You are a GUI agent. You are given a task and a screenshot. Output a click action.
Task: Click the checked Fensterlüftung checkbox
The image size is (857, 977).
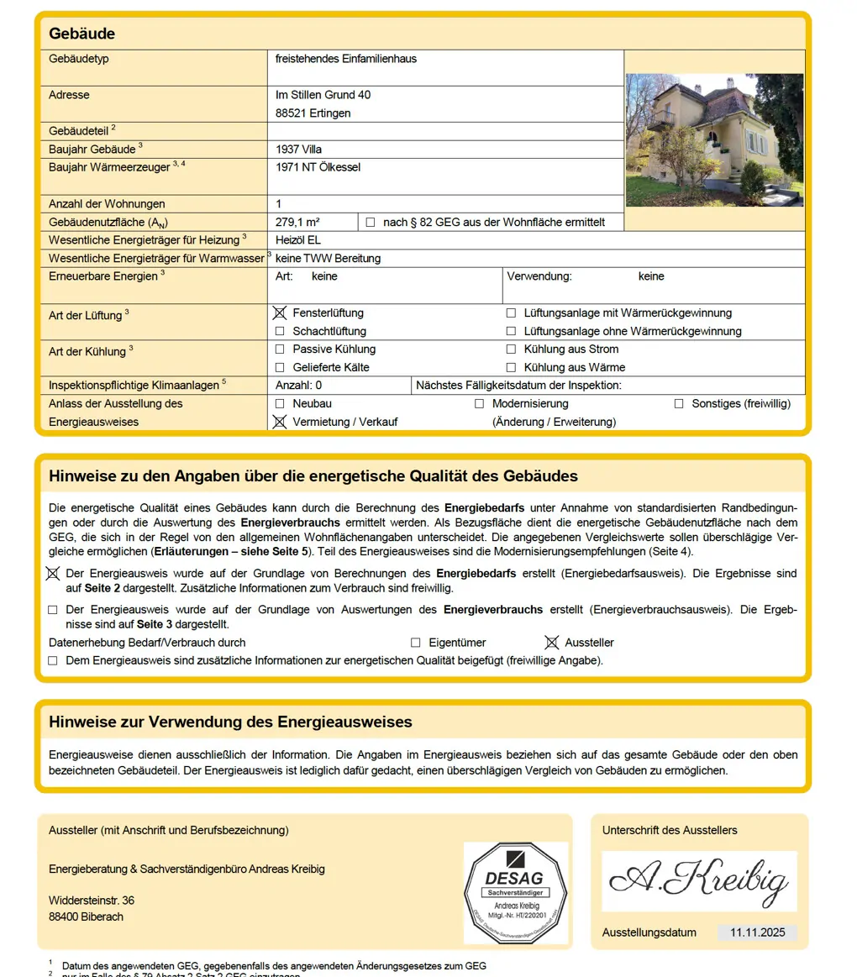pos(280,313)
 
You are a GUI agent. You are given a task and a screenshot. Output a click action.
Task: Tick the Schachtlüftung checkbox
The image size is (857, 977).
pos(280,331)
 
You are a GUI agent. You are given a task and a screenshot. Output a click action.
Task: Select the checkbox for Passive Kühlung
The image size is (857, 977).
pos(280,349)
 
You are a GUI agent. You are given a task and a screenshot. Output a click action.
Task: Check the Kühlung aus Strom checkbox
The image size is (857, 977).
pos(511,349)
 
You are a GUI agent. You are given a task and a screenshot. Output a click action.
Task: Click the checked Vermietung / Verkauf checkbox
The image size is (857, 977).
pos(280,422)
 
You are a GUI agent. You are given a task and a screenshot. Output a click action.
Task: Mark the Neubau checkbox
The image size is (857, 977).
pos(280,403)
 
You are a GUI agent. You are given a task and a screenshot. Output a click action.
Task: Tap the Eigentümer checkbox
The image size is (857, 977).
pos(415,643)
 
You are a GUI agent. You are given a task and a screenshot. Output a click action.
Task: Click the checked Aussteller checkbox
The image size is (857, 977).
pos(551,643)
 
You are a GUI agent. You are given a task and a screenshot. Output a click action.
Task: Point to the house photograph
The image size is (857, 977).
pos(714,139)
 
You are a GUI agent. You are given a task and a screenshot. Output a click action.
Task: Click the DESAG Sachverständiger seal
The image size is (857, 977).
pos(516,892)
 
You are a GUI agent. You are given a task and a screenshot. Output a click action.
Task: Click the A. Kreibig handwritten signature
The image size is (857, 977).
pos(699,880)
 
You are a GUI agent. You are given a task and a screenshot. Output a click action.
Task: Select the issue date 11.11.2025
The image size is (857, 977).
pos(757,932)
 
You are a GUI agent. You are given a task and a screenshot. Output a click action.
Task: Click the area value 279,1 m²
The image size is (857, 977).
pos(297,222)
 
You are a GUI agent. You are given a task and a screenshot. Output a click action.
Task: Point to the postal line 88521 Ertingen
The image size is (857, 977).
pos(313,113)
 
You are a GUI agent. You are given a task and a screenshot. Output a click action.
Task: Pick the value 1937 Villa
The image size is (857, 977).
pos(298,149)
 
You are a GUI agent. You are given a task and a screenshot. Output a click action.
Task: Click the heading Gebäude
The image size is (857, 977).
pos(82,34)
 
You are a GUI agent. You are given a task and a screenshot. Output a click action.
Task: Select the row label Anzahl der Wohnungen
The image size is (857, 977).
pos(107,203)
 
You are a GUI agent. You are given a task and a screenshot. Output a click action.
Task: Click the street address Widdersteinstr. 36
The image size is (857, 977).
pos(92,901)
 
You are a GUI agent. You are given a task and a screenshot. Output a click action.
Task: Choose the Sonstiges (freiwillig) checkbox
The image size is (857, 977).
pos(679,403)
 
